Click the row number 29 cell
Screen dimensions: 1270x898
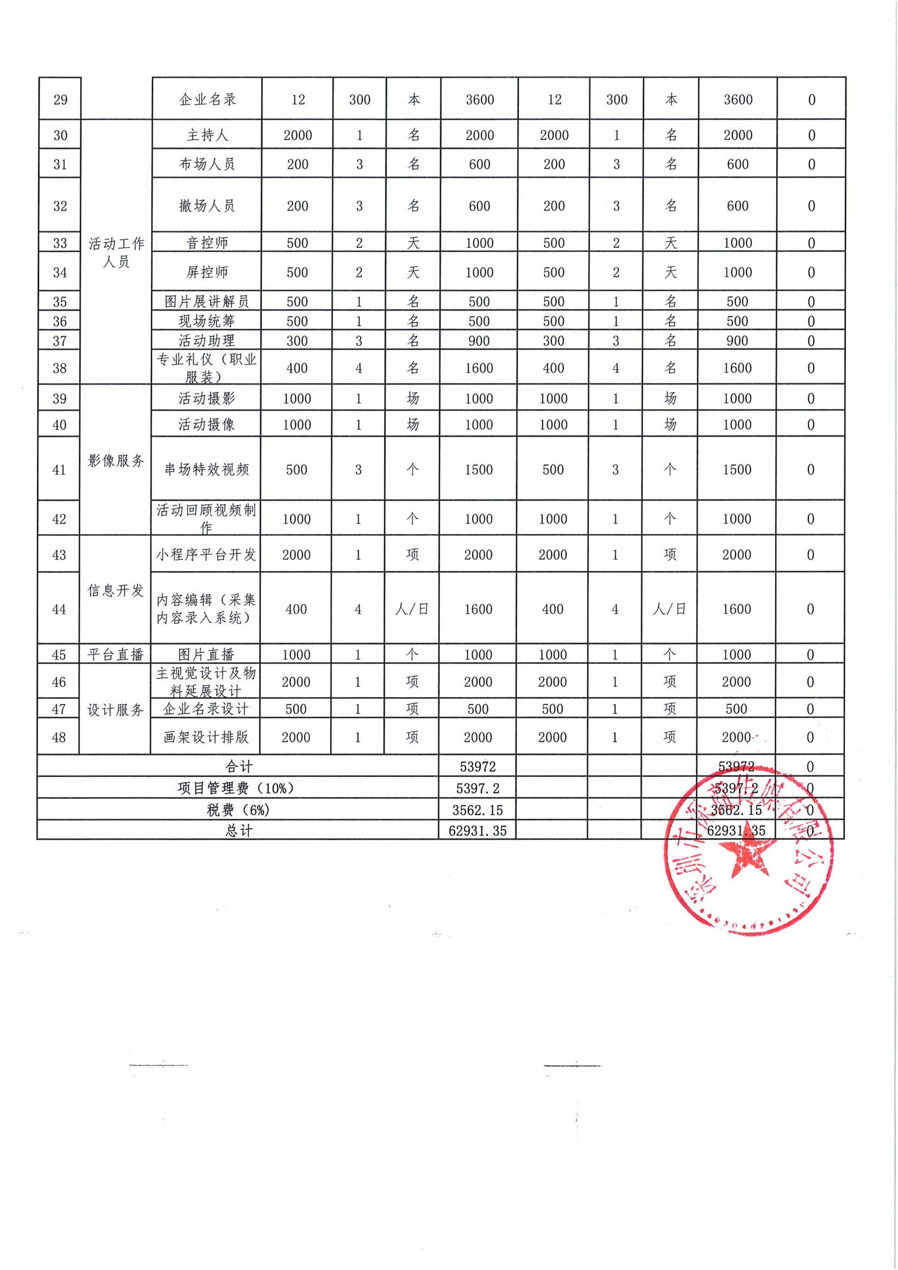(x=60, y=100)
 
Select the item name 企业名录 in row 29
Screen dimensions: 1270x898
(x=208, y=99)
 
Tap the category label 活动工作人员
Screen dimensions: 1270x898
(x=116, y=252)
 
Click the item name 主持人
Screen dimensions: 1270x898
(x=208, y=135)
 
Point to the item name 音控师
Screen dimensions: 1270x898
(x=208, y=243)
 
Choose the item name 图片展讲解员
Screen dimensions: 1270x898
(x=207, y=301)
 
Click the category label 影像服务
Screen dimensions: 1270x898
(x=116, y=460)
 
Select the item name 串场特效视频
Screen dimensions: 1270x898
(x=206, y=470)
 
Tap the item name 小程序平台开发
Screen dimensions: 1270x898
(x=206, y=554)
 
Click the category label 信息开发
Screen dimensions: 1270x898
(x=115, y=591)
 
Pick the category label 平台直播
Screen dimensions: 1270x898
(x=115, y=655)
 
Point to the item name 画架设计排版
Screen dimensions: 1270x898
(x=206, y=737)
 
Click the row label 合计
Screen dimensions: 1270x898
(x=239, y=767)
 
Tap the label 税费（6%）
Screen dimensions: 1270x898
(x=238, y=810)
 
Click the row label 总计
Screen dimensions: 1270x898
(x=239, y=831)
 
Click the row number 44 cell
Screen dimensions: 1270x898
(x=59, y=609)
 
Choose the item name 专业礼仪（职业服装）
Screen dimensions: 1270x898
(x=206, y=368)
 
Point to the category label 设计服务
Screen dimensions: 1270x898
(x=115, y=710)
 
